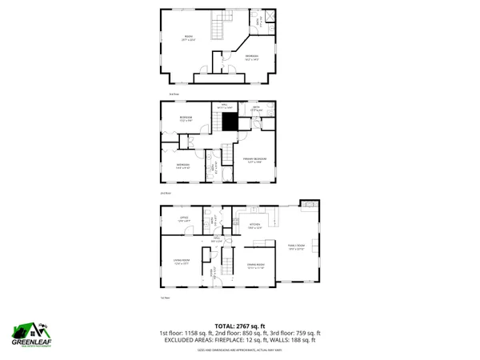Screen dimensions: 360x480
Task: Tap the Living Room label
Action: point(183,261)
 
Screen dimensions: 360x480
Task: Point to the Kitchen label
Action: point(255,225)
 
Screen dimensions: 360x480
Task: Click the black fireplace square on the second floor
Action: point(230,121)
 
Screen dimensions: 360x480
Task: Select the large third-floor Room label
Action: point(190,38)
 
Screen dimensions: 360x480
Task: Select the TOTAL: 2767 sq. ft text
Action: point(239,326)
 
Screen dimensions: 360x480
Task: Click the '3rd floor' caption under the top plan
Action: point(162,94)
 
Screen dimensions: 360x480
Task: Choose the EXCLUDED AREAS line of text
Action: point(239,341)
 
